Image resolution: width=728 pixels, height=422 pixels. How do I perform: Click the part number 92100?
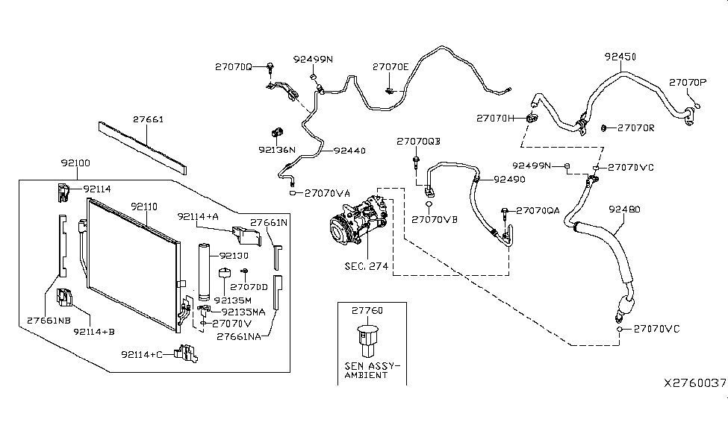tap(75, 162)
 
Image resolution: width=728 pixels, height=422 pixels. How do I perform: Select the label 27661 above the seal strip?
tap(149, 119)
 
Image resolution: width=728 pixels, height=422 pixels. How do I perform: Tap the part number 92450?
tap(620, 56)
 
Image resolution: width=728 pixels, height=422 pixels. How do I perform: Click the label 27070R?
tap(635, 127)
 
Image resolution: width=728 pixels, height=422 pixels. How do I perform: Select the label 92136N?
tap(278, 149)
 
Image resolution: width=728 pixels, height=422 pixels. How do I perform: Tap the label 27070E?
tap(391, 67)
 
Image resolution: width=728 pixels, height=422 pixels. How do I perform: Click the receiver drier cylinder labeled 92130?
tap(205, 271)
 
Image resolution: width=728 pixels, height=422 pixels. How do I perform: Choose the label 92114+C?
tap(145, 354)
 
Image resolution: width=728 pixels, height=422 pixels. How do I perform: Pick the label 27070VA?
tap(328, 193)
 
